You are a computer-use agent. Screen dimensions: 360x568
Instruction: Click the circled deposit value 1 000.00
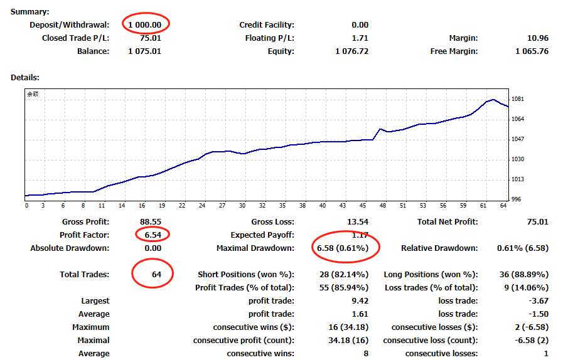click(x=145, y=25)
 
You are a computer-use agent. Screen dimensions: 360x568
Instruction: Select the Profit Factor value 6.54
click(x=151, y=235)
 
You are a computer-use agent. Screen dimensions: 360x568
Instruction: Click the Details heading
click(x=25, y=78)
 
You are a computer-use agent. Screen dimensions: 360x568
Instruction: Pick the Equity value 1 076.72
click(x=352, y=51)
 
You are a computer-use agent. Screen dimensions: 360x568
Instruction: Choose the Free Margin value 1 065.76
click(x=532, y=51)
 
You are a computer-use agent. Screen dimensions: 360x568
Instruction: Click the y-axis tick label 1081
click(x=518, y=99)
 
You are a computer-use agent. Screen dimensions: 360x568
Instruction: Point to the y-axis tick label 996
click(x=516, y=199)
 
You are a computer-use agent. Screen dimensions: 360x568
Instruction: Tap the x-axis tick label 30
click(x=244, y=206)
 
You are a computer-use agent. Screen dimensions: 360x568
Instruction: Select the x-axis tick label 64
click(x=503, y=206)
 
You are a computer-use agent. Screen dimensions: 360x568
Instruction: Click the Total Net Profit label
click(x=447, y=222)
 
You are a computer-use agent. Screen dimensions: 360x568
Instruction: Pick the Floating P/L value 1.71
click(x=360, y=38)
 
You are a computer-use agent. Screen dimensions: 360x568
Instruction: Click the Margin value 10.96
click(x=538, y=38)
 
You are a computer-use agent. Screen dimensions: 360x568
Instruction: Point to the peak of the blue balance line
click(x=494, y=99)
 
